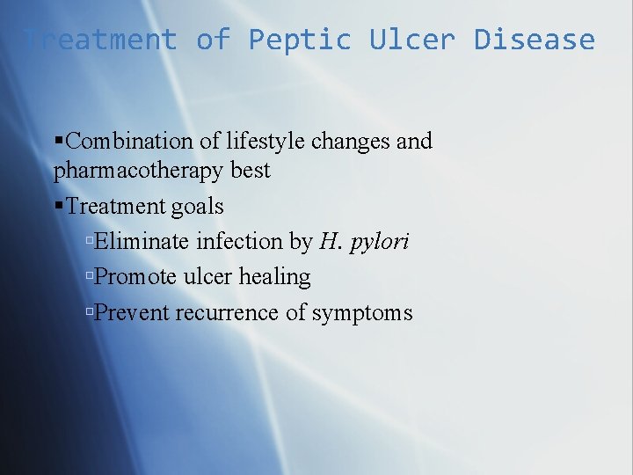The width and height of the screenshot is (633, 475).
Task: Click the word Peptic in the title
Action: point(299,40)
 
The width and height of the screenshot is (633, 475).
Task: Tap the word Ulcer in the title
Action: point(411,40)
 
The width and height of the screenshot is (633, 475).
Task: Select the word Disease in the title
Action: point(535,40)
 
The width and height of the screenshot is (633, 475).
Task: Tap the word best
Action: point(251,170)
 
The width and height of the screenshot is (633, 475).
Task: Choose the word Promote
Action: point(136,277)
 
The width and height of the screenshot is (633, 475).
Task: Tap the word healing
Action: point(274,277)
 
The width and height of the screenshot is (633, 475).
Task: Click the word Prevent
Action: point(132,312)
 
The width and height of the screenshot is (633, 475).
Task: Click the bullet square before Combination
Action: point(59,141)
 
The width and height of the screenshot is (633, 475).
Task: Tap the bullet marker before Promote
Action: point(90,277)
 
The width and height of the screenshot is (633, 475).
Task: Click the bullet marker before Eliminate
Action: point(90,242)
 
